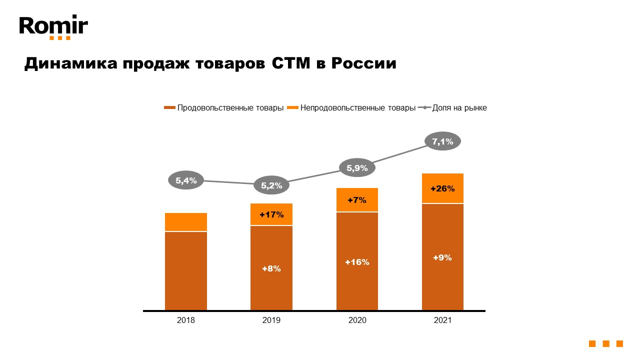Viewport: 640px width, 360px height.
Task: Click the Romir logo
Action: click(x=53, y=27)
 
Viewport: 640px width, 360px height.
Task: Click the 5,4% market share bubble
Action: click(x=186, y=180)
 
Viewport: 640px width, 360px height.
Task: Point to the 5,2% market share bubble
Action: click(x=271, y=185)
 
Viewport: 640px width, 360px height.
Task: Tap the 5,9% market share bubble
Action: click(x=357, y=168)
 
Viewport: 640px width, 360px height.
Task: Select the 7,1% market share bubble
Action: click(x=442, y=141)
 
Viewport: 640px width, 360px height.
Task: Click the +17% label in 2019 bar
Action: click(x=271, y=215)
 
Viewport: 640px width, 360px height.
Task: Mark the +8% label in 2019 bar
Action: click(x=271, y=268)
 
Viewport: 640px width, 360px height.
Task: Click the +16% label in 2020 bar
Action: click(x=357, y=262)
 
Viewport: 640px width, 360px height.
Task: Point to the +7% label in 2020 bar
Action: click(x=357, y=200)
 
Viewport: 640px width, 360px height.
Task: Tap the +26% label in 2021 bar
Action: click(x=442, y=188)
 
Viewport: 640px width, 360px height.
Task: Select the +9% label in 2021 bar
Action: click(x=442, y=257)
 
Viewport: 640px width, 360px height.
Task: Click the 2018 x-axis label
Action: click(x=186, y=320)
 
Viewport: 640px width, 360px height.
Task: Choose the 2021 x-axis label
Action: click(x=442, y=320)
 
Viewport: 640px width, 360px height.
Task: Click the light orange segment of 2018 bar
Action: click(x=186, y=222)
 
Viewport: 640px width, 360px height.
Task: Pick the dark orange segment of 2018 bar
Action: click(x=186, y=270)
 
